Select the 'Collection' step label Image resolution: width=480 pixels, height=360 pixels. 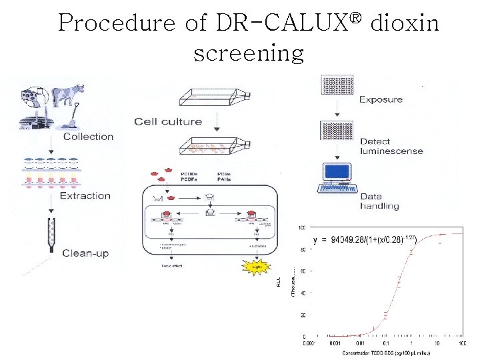point(88,137)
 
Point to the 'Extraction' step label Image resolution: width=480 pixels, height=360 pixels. point(85,195)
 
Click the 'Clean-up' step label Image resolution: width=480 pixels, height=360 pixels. point(85,253)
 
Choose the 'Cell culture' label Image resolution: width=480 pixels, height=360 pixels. point(168,121)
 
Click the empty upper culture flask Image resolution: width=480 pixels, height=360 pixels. point(215,99)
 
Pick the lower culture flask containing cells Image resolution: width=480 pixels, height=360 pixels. point(215,146)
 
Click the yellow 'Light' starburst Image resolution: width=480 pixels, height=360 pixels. point(257,267)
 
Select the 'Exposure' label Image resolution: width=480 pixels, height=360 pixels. point(381,100)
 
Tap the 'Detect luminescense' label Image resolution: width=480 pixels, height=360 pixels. point(391,146)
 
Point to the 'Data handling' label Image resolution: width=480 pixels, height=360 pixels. point(379,201)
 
